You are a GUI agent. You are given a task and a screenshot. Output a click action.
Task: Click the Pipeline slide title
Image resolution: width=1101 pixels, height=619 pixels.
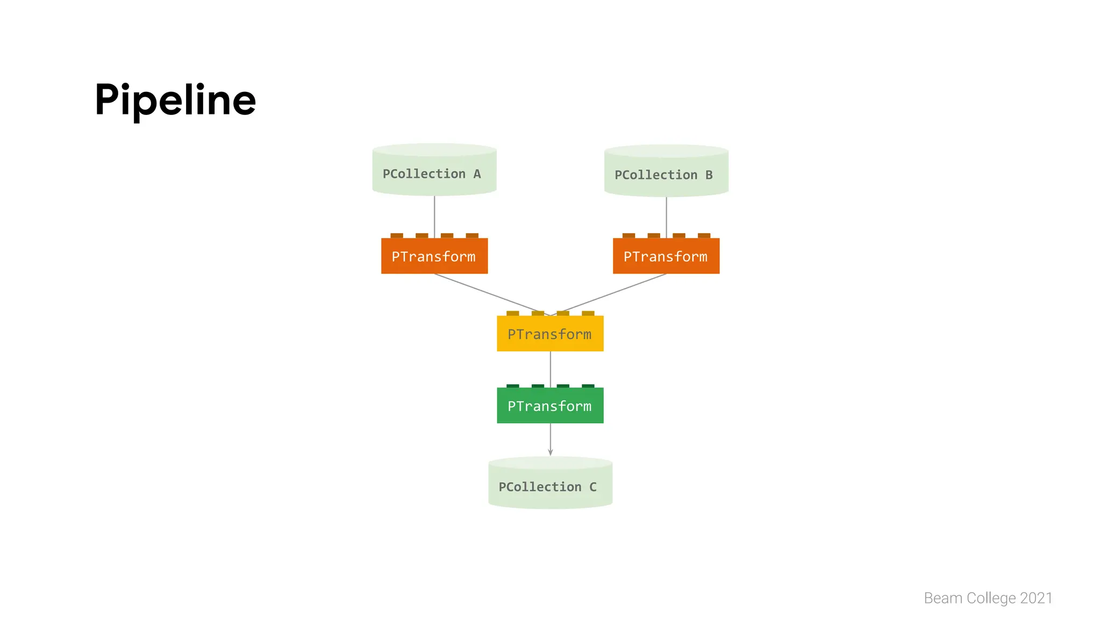pos(175,100)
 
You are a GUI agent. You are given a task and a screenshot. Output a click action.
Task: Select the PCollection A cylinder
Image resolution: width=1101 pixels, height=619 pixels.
pos(434,170)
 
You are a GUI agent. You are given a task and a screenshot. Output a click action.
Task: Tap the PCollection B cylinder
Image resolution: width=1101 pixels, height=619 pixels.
pos(666,171)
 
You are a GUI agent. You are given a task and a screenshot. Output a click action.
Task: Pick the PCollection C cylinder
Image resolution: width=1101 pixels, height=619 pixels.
pos(550,483)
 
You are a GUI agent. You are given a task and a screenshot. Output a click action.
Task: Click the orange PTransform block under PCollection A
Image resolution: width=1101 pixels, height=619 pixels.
pos(434,256)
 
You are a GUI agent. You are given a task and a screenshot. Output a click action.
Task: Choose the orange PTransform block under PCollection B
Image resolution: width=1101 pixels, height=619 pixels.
pos(666,256)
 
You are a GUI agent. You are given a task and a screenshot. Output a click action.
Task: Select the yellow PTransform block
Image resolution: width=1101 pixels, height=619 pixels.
pos(550,334)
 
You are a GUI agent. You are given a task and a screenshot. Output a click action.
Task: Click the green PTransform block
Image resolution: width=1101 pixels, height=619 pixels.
pos(550,406)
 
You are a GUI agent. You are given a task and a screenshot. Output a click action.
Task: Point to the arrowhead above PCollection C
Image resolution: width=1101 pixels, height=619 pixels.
pos(550,452)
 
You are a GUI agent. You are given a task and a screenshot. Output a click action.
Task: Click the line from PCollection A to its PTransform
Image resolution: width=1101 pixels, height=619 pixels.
pos(434,215)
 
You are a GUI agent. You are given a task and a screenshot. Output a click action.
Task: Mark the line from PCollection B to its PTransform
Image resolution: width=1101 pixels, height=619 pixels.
pos(667,216)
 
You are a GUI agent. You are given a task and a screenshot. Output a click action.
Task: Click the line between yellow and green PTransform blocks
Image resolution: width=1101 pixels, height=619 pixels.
pos(550,369)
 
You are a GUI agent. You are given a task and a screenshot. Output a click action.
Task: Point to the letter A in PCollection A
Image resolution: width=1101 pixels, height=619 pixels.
pos(477,174)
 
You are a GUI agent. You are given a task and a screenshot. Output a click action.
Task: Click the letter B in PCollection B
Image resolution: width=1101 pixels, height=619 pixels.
pos(709,175)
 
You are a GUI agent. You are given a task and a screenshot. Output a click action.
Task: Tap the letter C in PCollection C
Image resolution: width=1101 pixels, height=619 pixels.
pos(593,487)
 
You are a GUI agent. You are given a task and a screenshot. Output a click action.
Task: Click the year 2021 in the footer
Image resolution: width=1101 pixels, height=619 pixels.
pos(1036,598)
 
